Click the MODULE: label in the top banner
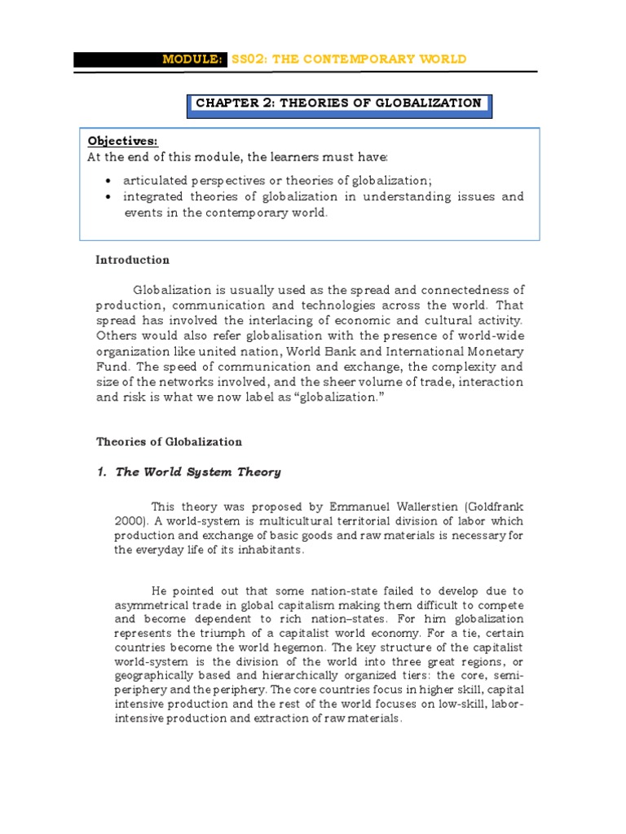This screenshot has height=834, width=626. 194,59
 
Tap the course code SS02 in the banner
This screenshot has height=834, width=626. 247,59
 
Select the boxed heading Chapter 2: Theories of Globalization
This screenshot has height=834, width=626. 338,103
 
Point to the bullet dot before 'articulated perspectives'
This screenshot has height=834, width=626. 109,180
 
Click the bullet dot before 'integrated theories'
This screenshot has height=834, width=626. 109,197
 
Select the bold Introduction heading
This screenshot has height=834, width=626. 133,261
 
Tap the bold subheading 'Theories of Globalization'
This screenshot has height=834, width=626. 169,442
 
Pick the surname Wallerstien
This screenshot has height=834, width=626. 411,507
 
